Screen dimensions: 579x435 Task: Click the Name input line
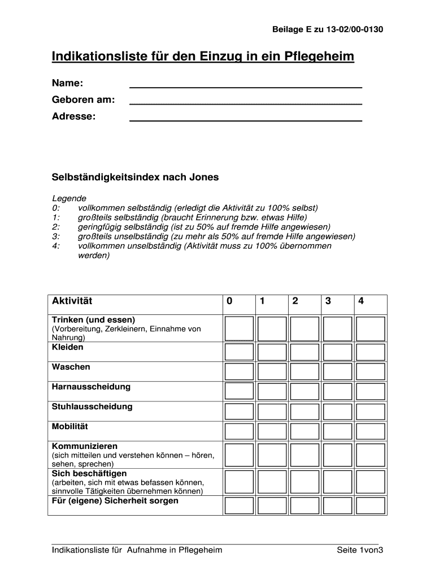pyautogui.click(x=246, y=84)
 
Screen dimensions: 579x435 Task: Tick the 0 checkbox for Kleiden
pyautogui.click(x=239, y=352)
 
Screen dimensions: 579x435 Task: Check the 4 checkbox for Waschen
pyautogui.click(x=371, y=371)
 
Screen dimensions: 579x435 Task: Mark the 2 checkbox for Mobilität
pyautogui.click(x=304, y=431)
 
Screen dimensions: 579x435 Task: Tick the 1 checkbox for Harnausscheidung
pyautogui.click(x=272, y=391)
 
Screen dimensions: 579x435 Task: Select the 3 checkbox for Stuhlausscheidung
pyautogui.click(x=338, y=411)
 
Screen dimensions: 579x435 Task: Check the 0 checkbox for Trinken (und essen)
pyautogui.click(x=239, y=329)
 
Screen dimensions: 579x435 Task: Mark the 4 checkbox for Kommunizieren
pyautogui.click(x=371, y=455)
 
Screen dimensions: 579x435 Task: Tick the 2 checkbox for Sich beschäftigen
pyautogui.click(x=304, y=482)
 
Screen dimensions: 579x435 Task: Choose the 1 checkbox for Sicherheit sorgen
pyautogui.click(x=272, y=505)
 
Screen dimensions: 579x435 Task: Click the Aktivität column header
pyautogui.click(x=72, y=301)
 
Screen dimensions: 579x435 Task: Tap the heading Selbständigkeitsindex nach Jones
pyautogui.click(x=135, y=178)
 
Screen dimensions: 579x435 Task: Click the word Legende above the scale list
pyautogui.click(x=69, y=198)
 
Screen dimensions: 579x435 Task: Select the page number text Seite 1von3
pyautogui.click(x=360, y=550)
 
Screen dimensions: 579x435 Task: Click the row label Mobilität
pyautogui.click(x=70, y=426)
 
